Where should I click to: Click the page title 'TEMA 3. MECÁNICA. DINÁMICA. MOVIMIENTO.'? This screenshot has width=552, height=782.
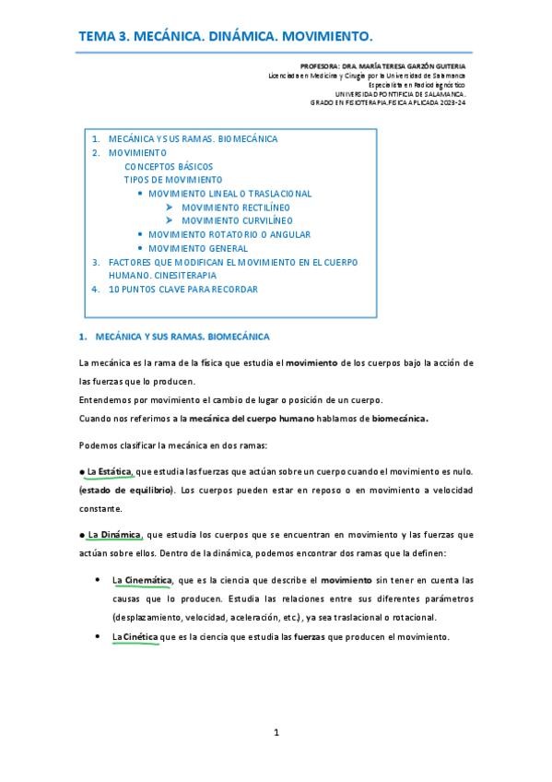click(226, 36)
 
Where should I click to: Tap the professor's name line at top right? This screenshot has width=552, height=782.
click(382, 67)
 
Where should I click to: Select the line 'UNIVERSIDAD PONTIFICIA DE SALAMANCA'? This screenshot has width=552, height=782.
click(400, 93)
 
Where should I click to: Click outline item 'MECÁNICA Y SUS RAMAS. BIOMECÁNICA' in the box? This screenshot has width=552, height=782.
click(193, 139)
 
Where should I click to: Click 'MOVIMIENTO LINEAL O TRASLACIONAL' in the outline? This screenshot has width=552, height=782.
click(229, 194)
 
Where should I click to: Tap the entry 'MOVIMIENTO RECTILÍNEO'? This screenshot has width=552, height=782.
click(237, 207)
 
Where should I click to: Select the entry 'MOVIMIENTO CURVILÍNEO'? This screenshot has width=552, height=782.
click(237, 221)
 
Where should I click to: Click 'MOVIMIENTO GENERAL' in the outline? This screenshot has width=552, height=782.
click(198, 248)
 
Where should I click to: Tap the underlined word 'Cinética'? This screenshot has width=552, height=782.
click(135, 637)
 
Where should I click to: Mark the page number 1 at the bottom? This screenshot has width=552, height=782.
click(276, 733)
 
